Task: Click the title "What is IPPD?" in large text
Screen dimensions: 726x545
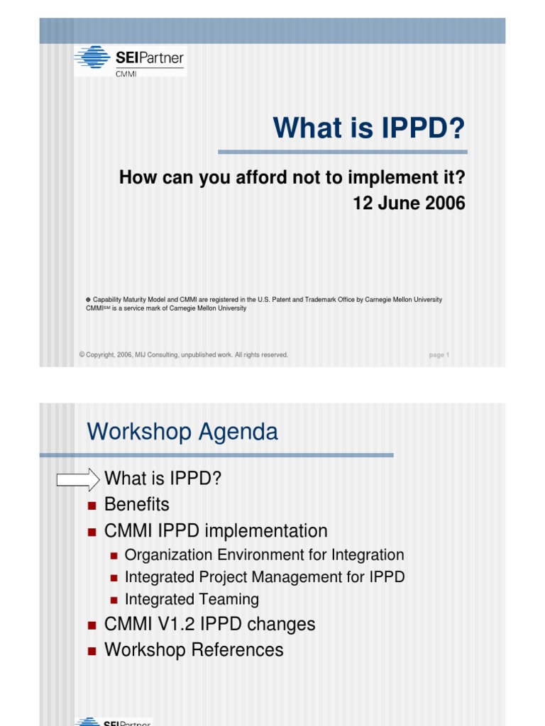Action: coord(369,128)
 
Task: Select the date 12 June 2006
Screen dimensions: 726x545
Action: coord(409,203)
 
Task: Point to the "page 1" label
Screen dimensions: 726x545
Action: coord(439,355)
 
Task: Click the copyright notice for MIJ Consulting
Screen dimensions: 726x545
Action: coord(184,355)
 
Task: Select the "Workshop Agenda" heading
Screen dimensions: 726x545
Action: coord(182,432)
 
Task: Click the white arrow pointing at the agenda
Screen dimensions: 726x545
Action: coord(78,479)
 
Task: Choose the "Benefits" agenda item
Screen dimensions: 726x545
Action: coord(137,505)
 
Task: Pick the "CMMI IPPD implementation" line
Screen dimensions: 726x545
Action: coord(216,530)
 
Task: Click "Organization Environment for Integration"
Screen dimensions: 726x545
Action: coord(264,555)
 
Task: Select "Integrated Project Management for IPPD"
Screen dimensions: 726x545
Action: coord(265,577)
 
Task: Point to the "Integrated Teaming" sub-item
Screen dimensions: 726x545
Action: coord(192,599)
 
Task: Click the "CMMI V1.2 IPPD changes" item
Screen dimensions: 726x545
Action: coord(209,625)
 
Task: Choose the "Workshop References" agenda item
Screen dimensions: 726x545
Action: coord(194,649)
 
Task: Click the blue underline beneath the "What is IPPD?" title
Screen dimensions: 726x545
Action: coord(342,152)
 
